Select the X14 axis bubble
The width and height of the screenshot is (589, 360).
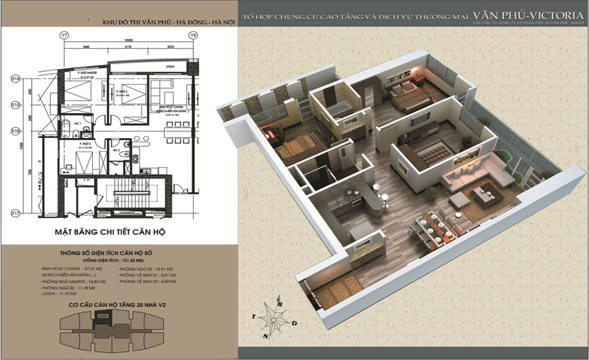click(14, 79)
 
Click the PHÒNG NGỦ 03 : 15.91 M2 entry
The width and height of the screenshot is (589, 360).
click(147, 269)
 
